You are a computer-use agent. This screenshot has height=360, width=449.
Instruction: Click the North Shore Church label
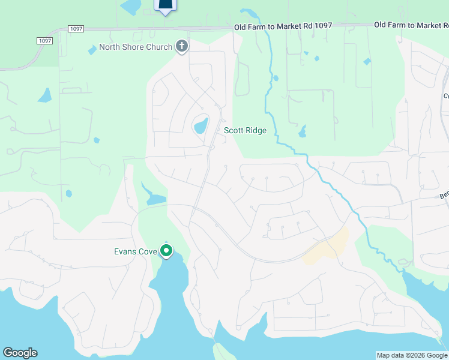tap(135, 47)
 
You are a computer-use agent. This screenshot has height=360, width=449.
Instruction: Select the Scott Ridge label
tap(245, 130)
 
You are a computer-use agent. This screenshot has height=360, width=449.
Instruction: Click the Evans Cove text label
tap(136, 251)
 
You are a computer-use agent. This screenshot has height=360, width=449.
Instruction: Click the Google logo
tap(20, 353)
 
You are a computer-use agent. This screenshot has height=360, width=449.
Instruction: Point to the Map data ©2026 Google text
tap(412, 355)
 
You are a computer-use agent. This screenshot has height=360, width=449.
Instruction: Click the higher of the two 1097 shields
tap(76, 28)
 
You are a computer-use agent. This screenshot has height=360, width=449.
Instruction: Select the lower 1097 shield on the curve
tap(44, 40)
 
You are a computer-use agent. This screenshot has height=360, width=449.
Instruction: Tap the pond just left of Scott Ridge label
tap(200, 126)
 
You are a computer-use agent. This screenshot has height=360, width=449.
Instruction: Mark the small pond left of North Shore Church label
tap(92, 50)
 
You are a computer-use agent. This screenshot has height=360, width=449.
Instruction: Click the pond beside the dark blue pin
tap(130, 7)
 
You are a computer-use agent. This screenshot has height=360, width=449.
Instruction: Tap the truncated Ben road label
tap(444, 196)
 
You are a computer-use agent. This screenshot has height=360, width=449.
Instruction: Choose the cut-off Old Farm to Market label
tap(411, 25)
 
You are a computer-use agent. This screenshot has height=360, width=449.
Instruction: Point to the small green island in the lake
tap(223, 352)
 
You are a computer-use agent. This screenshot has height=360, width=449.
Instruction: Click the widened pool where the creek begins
tap(247, 13)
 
